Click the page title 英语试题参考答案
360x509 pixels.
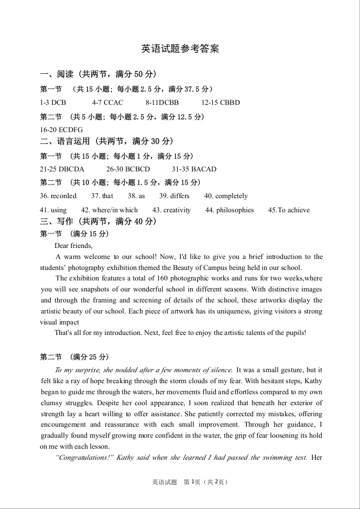tap(180, 49)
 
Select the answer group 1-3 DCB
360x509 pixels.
tap(53, 102)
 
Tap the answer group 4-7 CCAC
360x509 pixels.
tap(107, 102)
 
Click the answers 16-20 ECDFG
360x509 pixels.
tap(61, 129)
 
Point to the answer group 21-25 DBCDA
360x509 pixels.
tap(62, 169)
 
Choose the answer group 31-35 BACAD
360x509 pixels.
tap(194, 169)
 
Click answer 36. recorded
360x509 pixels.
tap(58, 196)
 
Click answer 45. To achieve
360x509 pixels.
tap(289, 210)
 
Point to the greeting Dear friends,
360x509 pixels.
tap(73, 245)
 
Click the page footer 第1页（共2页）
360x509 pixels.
tap(206, 482)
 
